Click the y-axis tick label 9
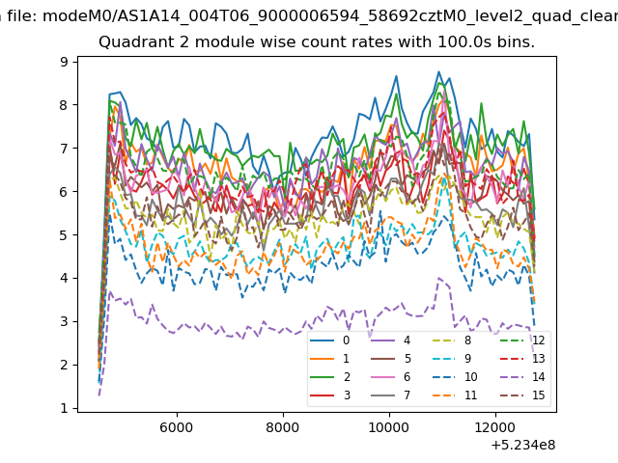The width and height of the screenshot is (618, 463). coord(64,62)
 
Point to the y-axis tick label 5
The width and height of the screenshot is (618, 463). coord(64,235)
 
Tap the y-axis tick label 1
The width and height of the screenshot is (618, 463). coord(64,408)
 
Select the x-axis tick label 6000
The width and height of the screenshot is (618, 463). coord(177,427)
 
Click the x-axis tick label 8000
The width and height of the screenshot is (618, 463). coord(283,427)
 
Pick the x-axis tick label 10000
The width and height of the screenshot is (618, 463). coord(389,427)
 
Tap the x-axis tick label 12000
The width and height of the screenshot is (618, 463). coord(495,427)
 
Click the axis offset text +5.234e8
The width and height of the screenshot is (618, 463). coord(523,446)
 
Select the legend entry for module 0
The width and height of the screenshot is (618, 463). coord(330,340)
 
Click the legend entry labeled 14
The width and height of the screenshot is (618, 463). coord(522,377)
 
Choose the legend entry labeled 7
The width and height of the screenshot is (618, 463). coord(391,395)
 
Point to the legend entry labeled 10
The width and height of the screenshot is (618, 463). coord(455,377)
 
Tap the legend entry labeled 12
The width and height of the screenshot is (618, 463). coord(522,340)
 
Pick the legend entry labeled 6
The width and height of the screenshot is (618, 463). coord(391,377)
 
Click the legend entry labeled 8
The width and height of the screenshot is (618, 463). coord(452,340)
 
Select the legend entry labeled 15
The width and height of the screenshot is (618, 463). coord(522,395)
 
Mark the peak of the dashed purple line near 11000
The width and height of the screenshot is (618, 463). coord(439,278)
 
